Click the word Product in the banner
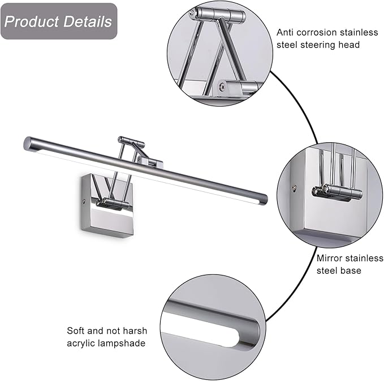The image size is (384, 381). coord(31,22)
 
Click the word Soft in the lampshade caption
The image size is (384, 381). coord(76,331)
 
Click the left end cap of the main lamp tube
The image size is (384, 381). coord(27,142)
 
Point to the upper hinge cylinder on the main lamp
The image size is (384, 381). coord(131,140)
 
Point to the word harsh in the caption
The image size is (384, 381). coord(129,331)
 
